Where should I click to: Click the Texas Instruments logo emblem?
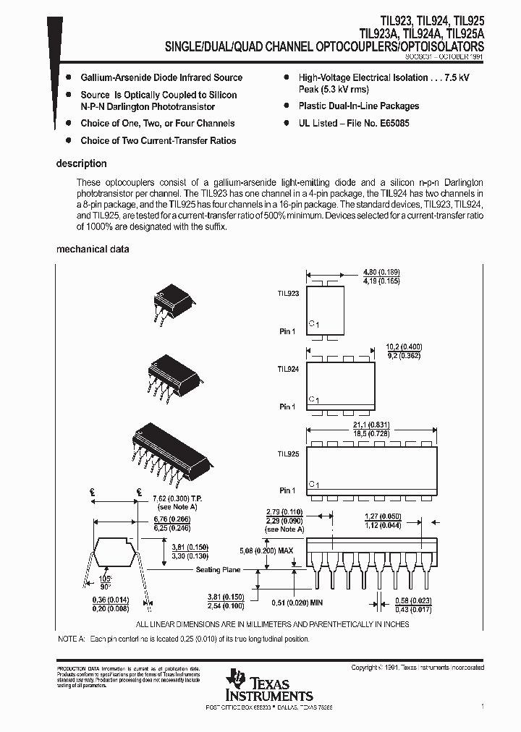click(x=237, y=677)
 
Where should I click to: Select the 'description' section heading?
click(x=81, y=163)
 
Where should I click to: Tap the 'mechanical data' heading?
click(x=93, y=249)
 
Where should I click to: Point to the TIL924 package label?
click(x=287, y=369)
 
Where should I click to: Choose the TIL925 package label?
click(x=287, y=454)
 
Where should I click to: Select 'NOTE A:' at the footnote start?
click(x=71, y=639)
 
